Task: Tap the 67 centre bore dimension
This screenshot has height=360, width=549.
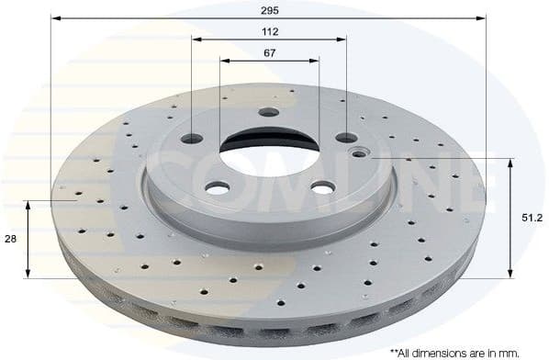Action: (269, 53)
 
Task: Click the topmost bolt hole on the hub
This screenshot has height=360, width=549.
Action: (268, 112)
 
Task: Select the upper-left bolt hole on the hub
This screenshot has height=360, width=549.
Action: (192, 139)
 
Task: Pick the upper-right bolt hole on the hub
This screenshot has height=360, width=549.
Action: (346, 138)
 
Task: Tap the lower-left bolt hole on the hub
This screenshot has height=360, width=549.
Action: (217, 187)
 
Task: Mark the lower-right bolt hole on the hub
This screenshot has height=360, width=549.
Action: (321, 186)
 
